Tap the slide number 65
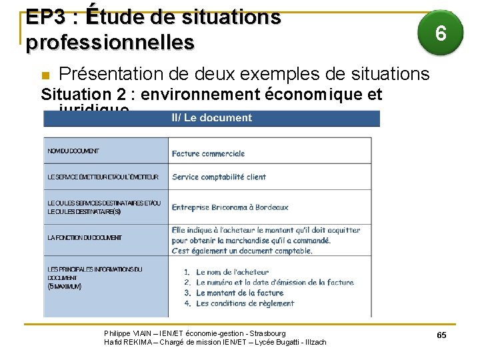(x=441, y=335)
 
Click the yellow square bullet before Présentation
(x=45, y=74)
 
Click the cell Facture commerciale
(x=208, y=153)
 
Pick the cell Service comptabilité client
(x=219, y=177)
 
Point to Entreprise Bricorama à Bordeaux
(x=230, y=207)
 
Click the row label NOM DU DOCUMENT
(x=73, y=151)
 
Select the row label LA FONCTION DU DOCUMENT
(x=85, y=237)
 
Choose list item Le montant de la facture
(x=239, y=293)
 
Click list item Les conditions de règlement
(x=245, y=303)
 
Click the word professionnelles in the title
(x=110, y=43)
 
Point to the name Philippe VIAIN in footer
(x=126, y=333)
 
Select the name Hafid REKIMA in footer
(x=127, y=342)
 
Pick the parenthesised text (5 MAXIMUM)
(x=65, y=287)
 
